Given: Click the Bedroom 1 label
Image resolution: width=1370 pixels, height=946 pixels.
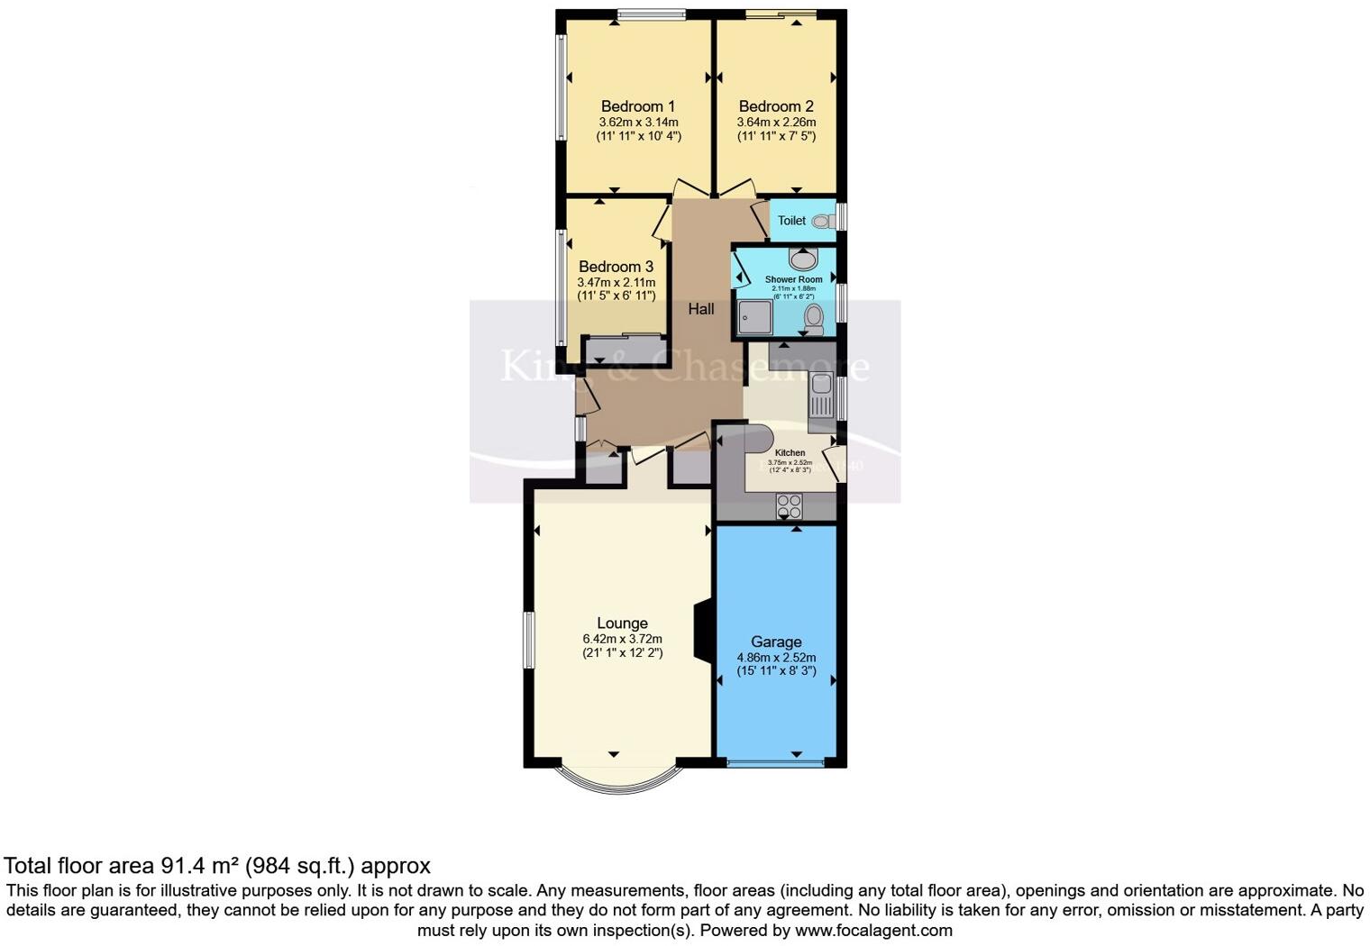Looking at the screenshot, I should (637, 106).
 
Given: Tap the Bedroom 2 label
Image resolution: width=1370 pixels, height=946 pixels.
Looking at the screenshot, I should (776, 106).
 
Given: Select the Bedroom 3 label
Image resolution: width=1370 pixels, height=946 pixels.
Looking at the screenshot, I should (616, 267).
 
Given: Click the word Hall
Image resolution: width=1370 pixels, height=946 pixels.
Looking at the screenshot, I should (701, 309).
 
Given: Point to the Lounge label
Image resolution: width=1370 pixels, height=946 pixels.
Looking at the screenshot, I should (622, 623).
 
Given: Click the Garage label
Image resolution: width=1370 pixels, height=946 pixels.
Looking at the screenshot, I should (776, 642).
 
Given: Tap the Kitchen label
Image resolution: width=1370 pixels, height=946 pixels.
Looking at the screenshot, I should (790, 452).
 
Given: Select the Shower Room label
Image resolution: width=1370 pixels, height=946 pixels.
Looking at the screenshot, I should (793, 279).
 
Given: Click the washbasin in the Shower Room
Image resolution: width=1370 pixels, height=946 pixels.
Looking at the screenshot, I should (802, 259).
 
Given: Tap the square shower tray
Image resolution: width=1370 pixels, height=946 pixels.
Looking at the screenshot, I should (754, 317).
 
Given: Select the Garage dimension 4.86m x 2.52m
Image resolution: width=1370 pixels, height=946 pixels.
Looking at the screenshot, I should (776, 658).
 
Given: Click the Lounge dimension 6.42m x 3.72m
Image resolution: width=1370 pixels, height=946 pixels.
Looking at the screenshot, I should (622, 639).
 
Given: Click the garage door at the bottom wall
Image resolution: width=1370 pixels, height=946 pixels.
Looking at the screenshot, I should (775, 764).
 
